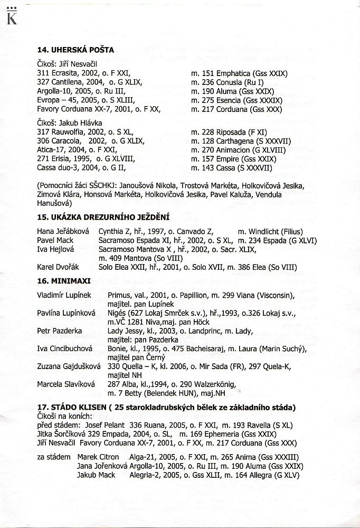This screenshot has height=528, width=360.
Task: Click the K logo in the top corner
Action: pyautogui.click(x=10, y=18)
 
